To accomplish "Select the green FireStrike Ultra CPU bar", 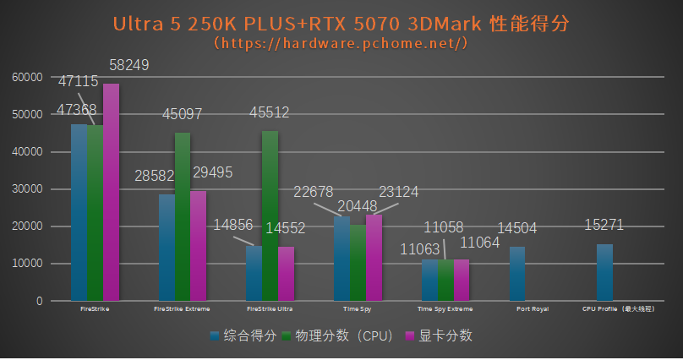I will pyautogui.click(x=270, y=215).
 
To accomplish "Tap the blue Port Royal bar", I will pyautogui.click(x=516, y=273).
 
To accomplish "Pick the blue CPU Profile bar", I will pyautogui.click(x=604, y=272).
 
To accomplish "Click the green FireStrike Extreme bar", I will pyautogui.click(x=183, y=216).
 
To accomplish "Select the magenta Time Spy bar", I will pyautogui.click(x=374, y=257).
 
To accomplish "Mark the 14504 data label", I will pyautogui.click(x=516, y=228).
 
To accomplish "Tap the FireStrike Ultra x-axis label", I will pyautogui.click(x=270, y=309).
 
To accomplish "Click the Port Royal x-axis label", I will pyautogui.click(x=533, y=309).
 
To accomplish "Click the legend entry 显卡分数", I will pyautogui.click(x=445, y=335).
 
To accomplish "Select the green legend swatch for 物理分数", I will pyautogui.click(x=287, y=336).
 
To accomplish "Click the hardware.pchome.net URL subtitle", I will pyautogui.click(x=341, y=42).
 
